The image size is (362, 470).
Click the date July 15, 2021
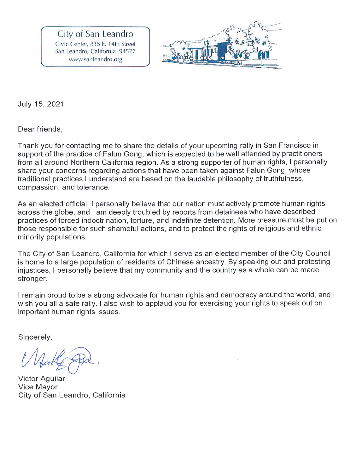click(41, 104)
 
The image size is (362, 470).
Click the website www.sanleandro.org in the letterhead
click(95, 59)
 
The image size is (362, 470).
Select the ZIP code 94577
click(127, 51)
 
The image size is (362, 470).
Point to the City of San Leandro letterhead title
click(95, 34)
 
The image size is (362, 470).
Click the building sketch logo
click(221, 46)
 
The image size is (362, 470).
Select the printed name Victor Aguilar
click(42, 378)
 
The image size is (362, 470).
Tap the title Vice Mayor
click(38, 387)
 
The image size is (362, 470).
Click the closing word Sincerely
click(35, 337)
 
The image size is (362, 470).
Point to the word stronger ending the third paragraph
click(32, 279)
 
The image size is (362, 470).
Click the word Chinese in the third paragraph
click(179, 262)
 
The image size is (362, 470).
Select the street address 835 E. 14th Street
click(113, 44)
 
